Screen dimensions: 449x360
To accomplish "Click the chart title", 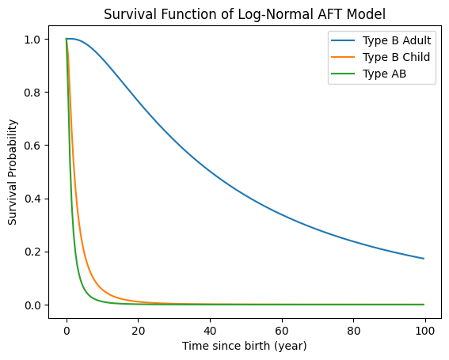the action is [x=245, y=14].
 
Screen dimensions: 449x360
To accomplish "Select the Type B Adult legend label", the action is [x=397, y=40].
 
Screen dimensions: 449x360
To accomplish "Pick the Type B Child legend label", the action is [x=396, y=57].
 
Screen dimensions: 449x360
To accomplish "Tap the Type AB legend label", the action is [x=384, y=74].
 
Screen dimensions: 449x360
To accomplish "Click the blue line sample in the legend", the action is [x=343, y=40].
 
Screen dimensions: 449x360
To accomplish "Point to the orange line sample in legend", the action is [x=343, y=57].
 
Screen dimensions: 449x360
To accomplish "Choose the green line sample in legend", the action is [x=343, y=74].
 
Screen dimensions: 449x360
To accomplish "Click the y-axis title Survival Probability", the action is [x=13, y=172].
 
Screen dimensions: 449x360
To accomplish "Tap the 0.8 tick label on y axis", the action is [x=32, y=93].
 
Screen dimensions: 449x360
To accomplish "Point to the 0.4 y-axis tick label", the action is [x=32, y=199].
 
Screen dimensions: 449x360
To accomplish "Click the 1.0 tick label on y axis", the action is [x=32, y=40].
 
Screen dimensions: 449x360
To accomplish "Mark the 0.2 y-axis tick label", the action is [x=32, y=252].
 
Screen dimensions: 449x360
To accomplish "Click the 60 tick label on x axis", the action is [x=282, y=331].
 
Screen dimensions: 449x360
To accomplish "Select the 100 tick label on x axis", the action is [x=425, y=331].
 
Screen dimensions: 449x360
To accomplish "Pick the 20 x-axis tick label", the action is [x=139, y=331].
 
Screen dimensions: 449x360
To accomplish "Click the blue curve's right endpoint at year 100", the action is [x=424, y=259].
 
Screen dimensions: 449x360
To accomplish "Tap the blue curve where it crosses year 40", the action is [x=210, y=171].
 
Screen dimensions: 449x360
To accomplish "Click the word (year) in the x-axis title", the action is [x=291, y=347].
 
